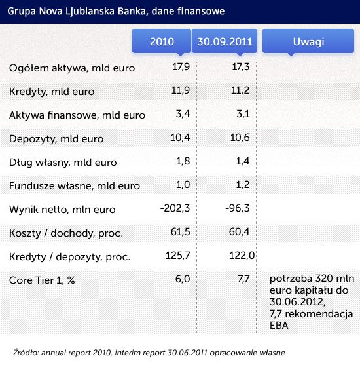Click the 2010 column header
162,41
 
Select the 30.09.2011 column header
225,41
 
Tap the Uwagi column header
308,41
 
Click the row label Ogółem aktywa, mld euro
72,68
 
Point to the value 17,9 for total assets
181,67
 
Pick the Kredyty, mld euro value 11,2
240,90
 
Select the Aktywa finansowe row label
77,115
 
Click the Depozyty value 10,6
240,138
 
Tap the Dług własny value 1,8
183,161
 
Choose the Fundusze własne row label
75,186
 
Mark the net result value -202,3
175,208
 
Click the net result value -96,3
237,208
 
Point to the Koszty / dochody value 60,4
239,232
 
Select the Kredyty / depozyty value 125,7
177,256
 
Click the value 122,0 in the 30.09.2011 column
242,256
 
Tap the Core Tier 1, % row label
42,280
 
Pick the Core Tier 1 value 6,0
183,279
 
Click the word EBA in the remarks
279,326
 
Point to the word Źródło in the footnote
26,353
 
